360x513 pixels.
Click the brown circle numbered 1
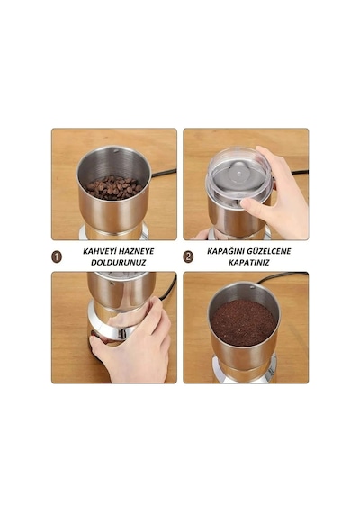pos(57,256)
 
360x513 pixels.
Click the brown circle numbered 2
pos(188,256)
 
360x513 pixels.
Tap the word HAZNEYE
pos(136,251)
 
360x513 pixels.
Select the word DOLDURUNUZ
pos(119,263)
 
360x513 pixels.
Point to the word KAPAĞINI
pos(226,251)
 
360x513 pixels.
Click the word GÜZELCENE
pos(269,251)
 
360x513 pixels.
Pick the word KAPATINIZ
pos(248,263)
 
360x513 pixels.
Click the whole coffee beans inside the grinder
pos(113,187)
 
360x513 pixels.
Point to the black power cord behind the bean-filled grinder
pos(164,173)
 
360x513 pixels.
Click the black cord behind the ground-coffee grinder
pos(282,276)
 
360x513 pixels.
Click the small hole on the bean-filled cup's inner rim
pos(115,151)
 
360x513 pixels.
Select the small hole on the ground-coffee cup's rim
pos(252,287)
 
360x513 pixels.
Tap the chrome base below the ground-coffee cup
pos(245,372)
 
